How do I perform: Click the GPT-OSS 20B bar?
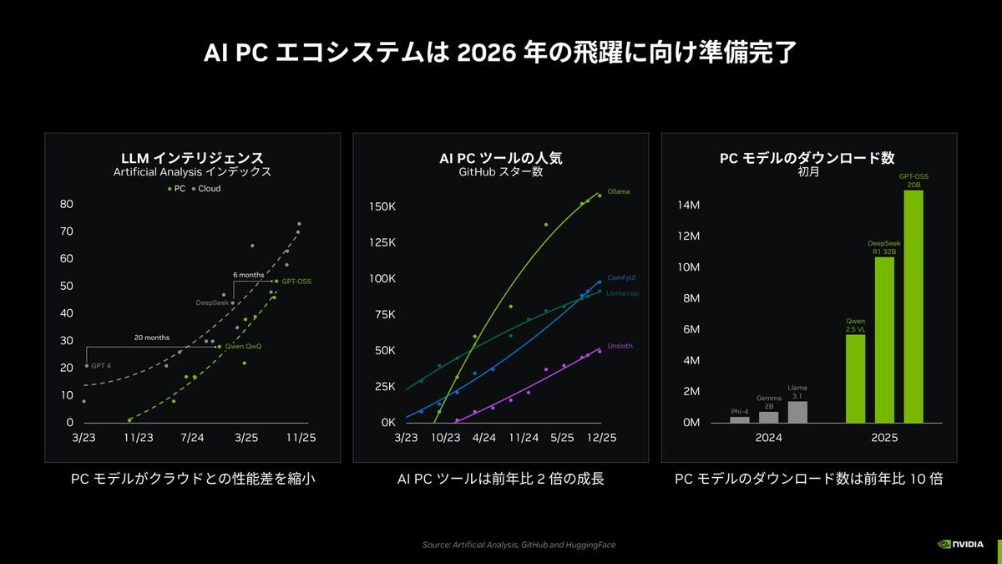[x=913, y=307]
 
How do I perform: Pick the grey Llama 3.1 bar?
[x=797, y=412]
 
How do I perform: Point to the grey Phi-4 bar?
[x=740, y=419]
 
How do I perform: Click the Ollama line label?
[x=619, y=191]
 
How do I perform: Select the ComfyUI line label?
[x=622, y=277]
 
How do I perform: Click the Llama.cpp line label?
[x=622, y=292]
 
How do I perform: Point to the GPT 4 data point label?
[x=101, y=366]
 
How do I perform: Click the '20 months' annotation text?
[x=151, y=338]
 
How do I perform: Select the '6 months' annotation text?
[x=248, y=275]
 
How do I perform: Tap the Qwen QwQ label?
[x=243, y=346]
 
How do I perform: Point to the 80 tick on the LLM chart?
[x=67, y=204]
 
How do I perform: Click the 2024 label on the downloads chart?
[x=768, y=437]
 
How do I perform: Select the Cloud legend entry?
[x=206, y=189]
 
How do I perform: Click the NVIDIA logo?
[x=962, y=543]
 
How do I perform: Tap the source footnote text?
[x=519, y=545]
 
